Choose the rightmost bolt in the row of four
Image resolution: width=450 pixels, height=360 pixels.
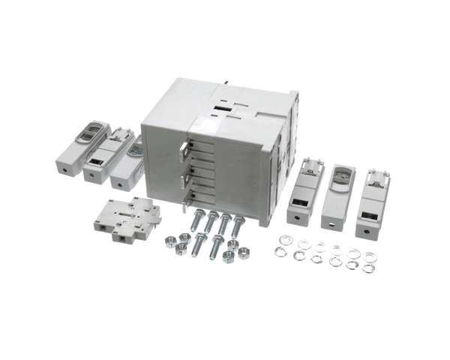(x=238, y=225)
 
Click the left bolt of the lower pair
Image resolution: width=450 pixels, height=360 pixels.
(x=199, y=244)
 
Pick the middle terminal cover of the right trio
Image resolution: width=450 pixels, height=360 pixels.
(x=337, y=196)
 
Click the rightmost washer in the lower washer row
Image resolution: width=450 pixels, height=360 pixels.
(x=367, y=268)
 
